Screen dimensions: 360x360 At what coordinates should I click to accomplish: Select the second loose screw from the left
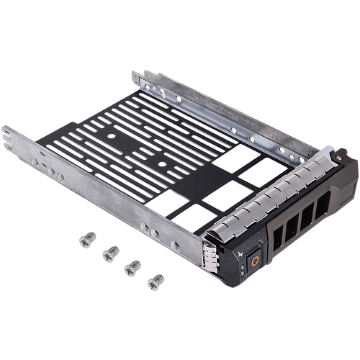pos(111,252)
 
